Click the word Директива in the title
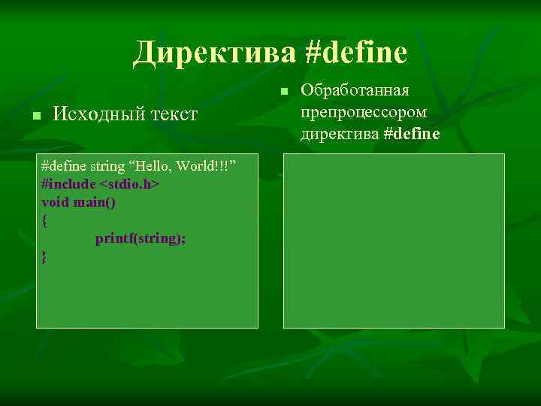pos(216,53)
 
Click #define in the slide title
pos(358,53)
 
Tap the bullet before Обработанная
pos(283,92)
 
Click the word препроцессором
pos(364,112)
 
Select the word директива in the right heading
pos(339,134)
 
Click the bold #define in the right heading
pos(411,134)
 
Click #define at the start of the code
pos(64,165)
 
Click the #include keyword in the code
pos(69,183)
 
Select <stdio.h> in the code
pos(129,183)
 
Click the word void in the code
pos(55,201)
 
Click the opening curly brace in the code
pos(45,220)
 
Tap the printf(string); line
pos(141,238)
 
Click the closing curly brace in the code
pos(45,257)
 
